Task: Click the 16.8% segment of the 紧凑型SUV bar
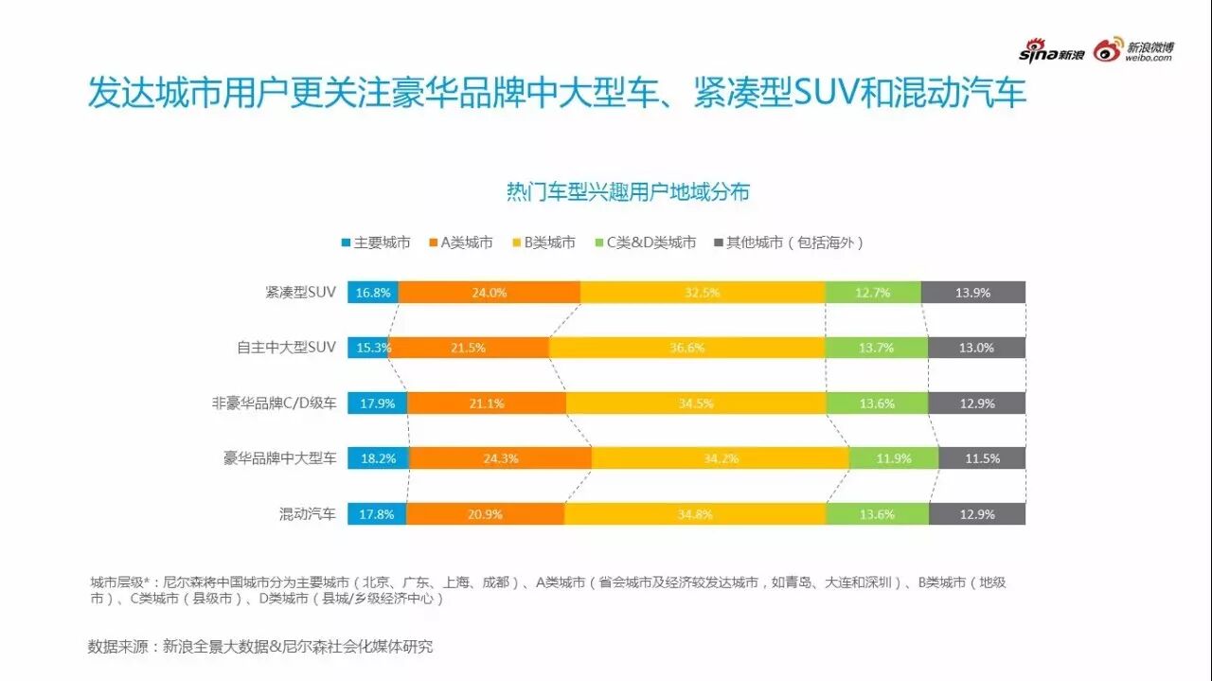click(x=373, y=293)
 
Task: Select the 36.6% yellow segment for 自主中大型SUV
click(x=686, y=348)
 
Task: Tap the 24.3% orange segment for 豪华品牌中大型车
click(x=501, y=458)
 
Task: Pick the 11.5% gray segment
click(x=982, y=458)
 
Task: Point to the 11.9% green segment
click(x=894, y=458)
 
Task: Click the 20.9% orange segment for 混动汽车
click(x=486, y=514)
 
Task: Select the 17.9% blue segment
click(x=377, y=403)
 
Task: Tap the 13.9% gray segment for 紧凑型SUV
click(x=972, y=293)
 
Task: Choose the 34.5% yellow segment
click(x=696, y=403)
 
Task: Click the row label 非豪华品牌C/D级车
click(x=275, y=403)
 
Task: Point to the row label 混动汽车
click(x=307, y=514)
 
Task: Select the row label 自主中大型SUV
click(x=286, y=348)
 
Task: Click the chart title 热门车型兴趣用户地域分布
click(x=628, y=192)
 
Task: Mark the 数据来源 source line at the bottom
click(x=260, y=647)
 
